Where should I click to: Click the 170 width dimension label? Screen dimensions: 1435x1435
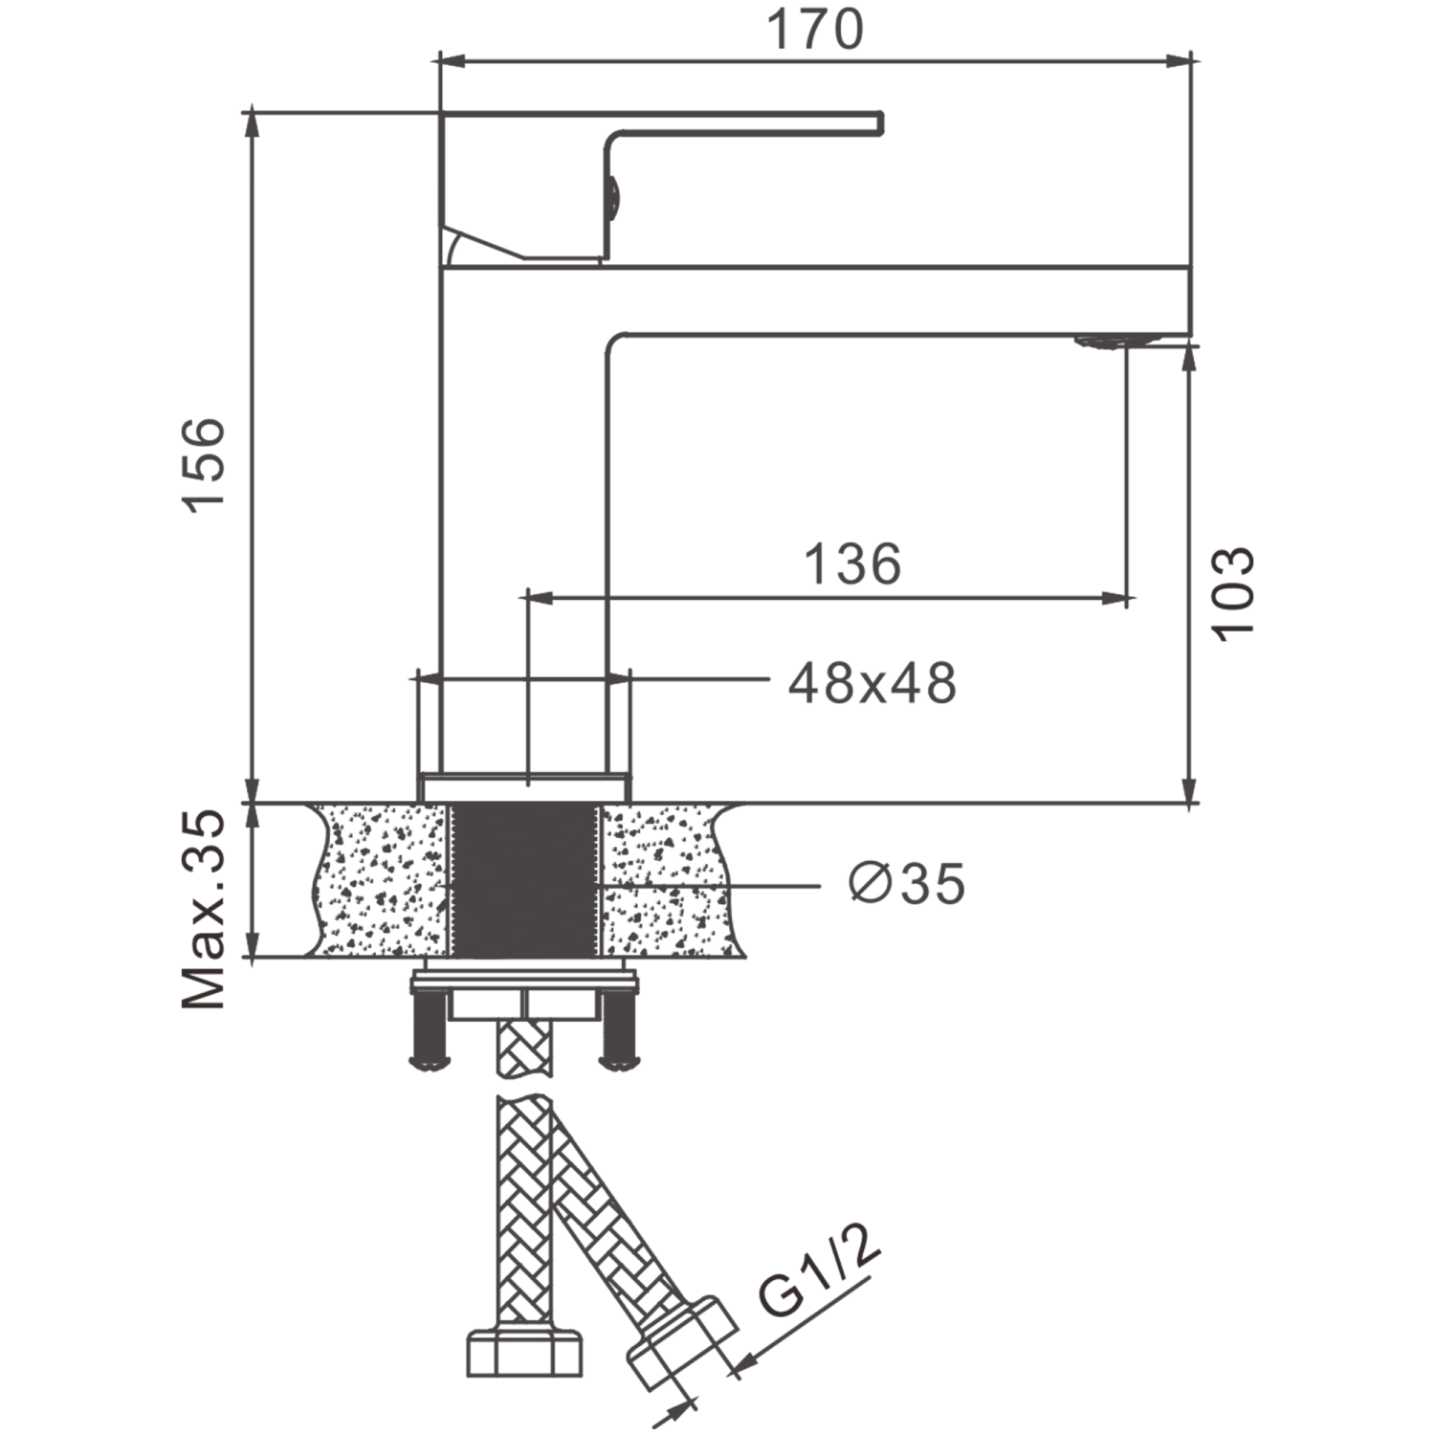816,31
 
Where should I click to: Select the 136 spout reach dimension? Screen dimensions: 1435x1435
853,564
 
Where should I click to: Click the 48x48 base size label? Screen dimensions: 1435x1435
871,683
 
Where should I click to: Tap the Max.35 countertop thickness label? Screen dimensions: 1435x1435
204,909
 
